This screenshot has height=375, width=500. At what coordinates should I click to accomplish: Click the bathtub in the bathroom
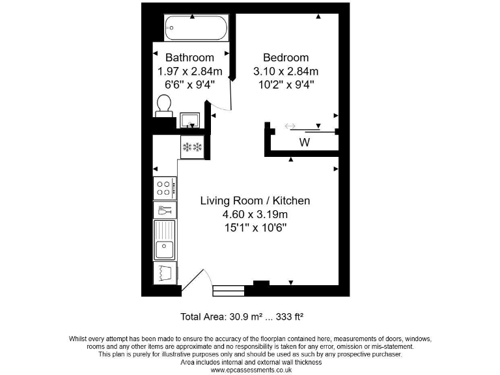[196, 28]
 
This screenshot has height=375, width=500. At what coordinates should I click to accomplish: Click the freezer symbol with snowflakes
[193, 146]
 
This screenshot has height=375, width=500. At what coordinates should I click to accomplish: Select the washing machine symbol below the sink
[165, 272]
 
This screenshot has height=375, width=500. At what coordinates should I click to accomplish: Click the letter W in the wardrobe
[304, 142]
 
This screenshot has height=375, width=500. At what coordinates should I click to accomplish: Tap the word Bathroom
[189, 57]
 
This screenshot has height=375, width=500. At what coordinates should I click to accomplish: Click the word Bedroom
[285, 57]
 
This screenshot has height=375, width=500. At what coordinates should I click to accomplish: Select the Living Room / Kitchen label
[255, 201]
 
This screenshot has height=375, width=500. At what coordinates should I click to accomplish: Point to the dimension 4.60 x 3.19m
[255, 214]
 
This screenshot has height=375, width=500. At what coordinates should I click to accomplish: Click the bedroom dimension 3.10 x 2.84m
[285, 71]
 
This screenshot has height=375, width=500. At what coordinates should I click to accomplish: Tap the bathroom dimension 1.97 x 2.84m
[189, 71]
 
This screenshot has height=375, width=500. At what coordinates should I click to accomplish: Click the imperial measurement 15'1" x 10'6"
[255, 228]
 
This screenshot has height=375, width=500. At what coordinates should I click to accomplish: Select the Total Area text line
[242, 317]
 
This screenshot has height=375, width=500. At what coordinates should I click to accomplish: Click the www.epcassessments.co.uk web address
[250, 370]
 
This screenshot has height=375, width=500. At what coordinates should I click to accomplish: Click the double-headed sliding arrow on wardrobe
[290, 126]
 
